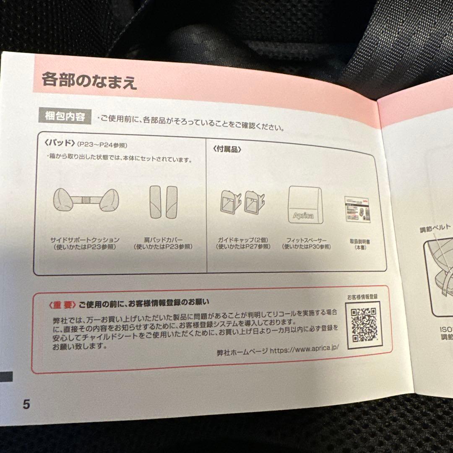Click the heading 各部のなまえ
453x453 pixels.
click(89, 79)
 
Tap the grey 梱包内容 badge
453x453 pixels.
click(65, 115)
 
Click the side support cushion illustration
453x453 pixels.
click(86, 200)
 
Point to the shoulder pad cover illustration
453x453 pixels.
click(163, 202)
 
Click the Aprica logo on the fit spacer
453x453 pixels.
click(303, 215)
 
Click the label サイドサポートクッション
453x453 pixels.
click(85, 240)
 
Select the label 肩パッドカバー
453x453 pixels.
click(163, 240)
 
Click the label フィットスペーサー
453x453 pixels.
click(306, 240)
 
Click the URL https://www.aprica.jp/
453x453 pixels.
click(304, 349)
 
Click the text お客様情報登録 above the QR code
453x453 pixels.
click(362, 297)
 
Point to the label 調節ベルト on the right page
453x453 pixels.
click(435, 228)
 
